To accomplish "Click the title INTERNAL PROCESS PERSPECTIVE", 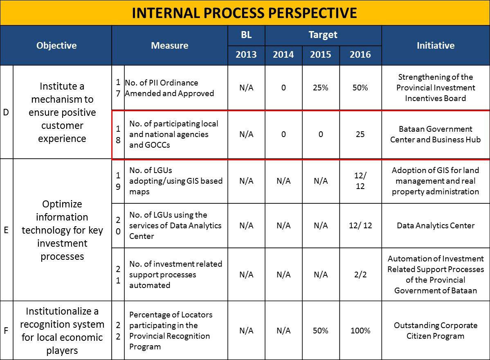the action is point(244,13).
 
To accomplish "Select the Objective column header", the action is point(56,46).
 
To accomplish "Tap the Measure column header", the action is point(170,46).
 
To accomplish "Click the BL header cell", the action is point(246,35).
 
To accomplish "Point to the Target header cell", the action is point(323,35).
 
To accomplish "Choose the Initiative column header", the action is point(436,46).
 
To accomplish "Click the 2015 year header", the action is point(321,55).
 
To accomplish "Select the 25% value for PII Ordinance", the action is point(321,88).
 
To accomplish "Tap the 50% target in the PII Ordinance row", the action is point(360,88).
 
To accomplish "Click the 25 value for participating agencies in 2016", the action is point(360,134).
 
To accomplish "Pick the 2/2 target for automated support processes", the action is point(360,274).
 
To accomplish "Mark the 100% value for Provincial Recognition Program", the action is point(360,331).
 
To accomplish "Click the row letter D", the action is point(6,112).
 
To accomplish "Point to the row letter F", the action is point(6,331).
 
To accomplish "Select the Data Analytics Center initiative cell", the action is point(436,226).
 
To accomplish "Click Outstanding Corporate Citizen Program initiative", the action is point(436,331).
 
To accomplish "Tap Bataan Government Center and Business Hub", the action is point(436,134).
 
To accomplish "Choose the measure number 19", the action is point(118,181).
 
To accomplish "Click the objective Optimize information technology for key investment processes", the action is point(62,230).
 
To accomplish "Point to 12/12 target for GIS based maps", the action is point(360,181).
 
